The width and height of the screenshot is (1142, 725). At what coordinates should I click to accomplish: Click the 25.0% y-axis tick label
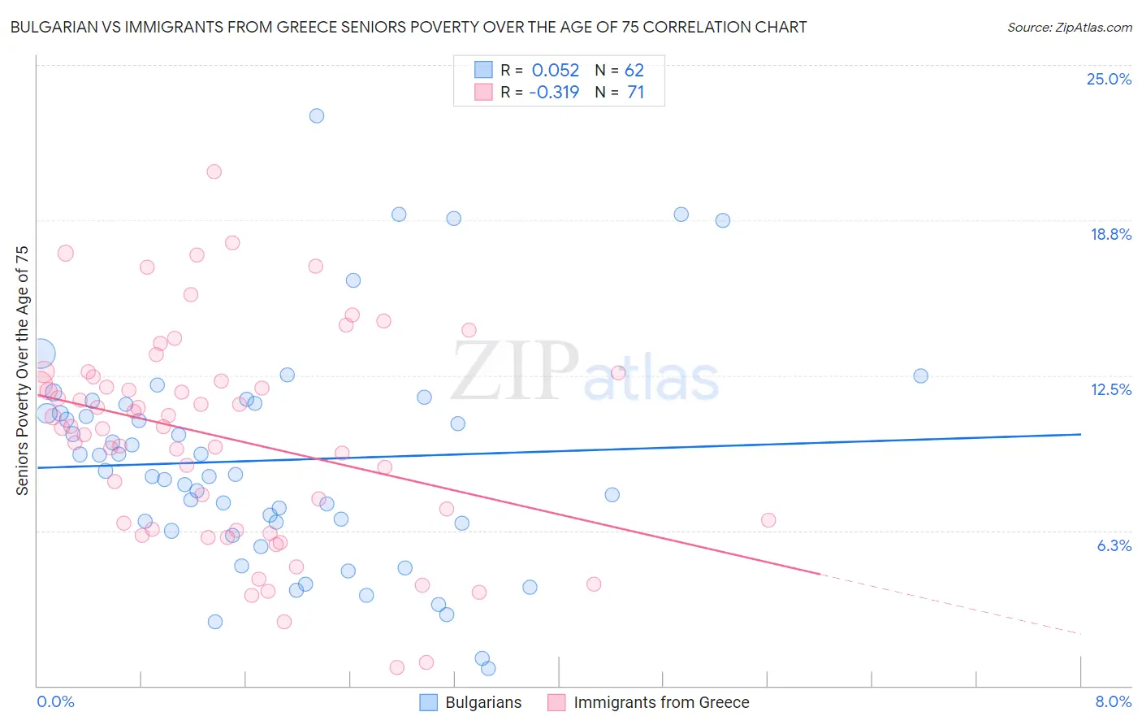pyautogui.click(x=1109, y=79)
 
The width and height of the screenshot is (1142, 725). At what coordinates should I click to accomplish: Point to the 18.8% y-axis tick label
pyautogui.click(x=1110, y=234)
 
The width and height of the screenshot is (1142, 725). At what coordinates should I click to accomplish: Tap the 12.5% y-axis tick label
pyautogui.click(x=1110, y=389)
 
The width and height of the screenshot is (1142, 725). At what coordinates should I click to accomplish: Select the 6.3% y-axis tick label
pyautogui.click(x=1114, y=545)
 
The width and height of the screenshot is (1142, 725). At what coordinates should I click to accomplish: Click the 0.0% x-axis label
pyautogui.click(x=55, y=701)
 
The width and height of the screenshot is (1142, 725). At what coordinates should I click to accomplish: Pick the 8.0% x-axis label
pyautogui.click(x=1113, y=701)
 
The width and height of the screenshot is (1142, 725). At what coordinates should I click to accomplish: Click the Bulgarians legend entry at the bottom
pyautogui.click(x=471, y=702)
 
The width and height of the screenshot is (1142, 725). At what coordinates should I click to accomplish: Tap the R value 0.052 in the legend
pyautogui.click(x=556, y=70)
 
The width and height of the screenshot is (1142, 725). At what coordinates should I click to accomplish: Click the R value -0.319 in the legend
pyautogui.click(x=554, y=92)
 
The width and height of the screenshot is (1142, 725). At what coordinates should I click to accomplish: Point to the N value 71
pyautogui.click(x=636, y=92)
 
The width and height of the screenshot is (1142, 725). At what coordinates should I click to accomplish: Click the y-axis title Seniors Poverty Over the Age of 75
pyautogui.click(x=22, y=370)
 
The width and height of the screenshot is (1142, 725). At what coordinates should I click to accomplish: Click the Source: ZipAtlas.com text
pyautogui.click(x=1069, y=27)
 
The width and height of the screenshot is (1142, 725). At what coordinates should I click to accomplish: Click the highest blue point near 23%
pyautogui.click(x=317, y=115)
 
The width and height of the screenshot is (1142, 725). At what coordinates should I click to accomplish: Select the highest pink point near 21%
pyautogui.click(x=214, y=171)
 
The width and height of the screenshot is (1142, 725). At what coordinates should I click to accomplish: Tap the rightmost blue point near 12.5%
pyautogui.click(x=920, y=376)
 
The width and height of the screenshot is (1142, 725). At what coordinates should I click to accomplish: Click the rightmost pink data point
pyautogui.click(x=768, y=520)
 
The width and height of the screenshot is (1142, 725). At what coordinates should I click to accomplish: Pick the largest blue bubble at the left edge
pyautogui.click(x=41, y=354)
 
